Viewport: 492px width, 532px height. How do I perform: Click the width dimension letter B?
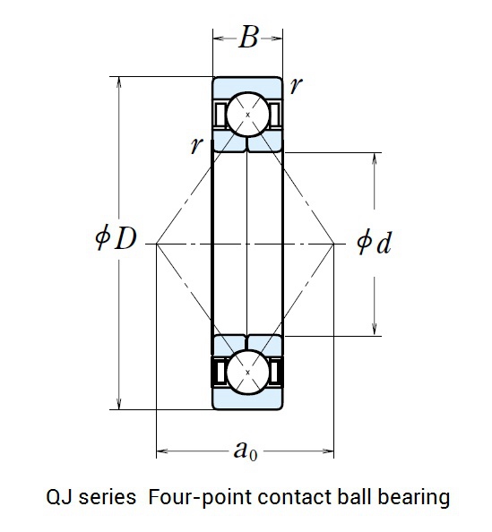[x=249, y=38]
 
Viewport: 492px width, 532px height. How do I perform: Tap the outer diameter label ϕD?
[x=116, y=238]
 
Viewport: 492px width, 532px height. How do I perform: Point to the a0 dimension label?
[x=246, y=450]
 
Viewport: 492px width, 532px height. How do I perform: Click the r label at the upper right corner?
[x=296, y=85]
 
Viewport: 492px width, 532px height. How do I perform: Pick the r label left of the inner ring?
[x=196, y=146]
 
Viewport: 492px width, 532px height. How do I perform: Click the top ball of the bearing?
[x=247, y=115]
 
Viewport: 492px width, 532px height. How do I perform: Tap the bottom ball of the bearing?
[x=247, y=373]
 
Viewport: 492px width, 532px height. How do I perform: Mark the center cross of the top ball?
[x=247, y=115]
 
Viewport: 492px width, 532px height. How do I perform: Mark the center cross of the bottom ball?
[x=247, y=373]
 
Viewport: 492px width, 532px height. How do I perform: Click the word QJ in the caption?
[x=59, y=498]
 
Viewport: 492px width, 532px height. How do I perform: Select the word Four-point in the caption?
[x=199, y=498]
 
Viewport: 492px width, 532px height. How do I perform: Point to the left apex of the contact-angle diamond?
[x=156, y=244]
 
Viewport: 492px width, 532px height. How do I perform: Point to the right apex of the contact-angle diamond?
[x=333, y=244]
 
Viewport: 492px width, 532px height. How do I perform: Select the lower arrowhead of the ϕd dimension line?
[x=375, y=329]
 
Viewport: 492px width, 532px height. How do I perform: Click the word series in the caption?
[x=108, y=498]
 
